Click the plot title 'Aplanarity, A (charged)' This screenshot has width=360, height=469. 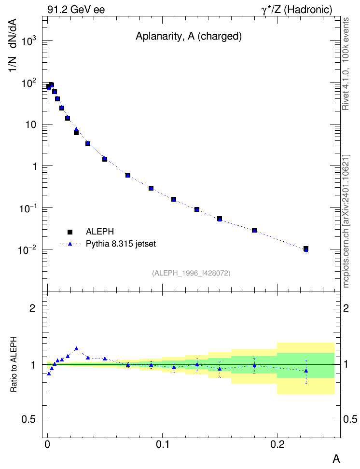click(x=189, y=36)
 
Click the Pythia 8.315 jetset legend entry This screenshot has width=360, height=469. click(x=108, y=244)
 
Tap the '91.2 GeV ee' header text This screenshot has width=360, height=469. click(x=76, y=10)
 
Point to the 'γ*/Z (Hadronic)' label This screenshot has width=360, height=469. click(x=297, y=10)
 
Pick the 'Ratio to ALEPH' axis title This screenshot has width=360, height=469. click(x=14, y=364)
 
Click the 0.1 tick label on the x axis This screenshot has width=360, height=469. click(x=162, y=444)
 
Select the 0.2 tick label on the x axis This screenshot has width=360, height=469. click(x=277, y=444)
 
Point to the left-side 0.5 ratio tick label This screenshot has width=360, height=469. click(x=28, y=420)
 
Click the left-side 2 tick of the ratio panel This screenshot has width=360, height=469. click(x=32, y=308)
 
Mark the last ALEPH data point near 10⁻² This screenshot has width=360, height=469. click(x=306, y=248)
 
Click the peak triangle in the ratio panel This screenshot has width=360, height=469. click(x=76, y=348)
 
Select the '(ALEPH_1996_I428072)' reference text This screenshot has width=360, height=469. click(x=191, y=273)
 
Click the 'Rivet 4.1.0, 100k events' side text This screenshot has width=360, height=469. click(x=346, y=64)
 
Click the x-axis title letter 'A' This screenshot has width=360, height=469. click(x=336, y=458)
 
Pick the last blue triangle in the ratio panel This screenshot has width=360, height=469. click(x=306, y=371)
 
